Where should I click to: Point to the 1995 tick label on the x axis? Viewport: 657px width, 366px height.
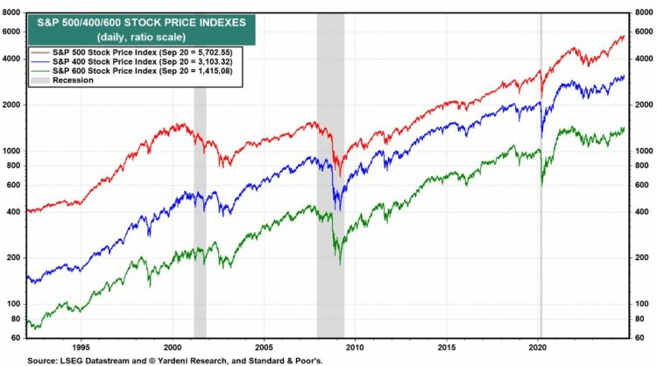coord(82,345)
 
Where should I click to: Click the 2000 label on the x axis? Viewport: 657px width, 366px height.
coord(175,345)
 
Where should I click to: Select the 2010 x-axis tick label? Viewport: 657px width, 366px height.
coord(357,345)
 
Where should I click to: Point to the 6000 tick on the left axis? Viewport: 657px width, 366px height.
coord(13,32)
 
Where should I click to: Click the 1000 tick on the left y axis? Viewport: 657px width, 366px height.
coord(13,151)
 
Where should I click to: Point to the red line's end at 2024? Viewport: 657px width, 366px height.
coord(624,35)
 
